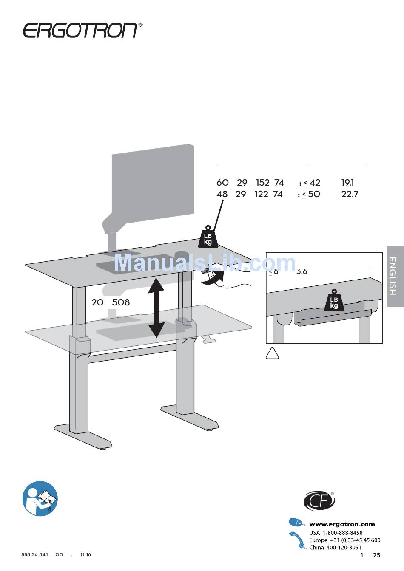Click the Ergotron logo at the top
tap(80, 30)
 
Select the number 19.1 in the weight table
tap(347, 183)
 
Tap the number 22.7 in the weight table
tap(350, 194)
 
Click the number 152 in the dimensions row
tap(262, 183)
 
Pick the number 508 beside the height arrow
tap(121, 302)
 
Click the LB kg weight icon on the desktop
tap(208, 237)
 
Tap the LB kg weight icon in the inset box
tap(334, 301)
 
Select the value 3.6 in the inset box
tap(302, 271)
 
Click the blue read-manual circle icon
tap(40, 499)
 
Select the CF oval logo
tap(319, 501)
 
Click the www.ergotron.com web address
tap(342, 524)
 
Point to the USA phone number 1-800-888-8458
tap(342, 533)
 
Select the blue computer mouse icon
tap(296, 523)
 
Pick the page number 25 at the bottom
tap(376, 555)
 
